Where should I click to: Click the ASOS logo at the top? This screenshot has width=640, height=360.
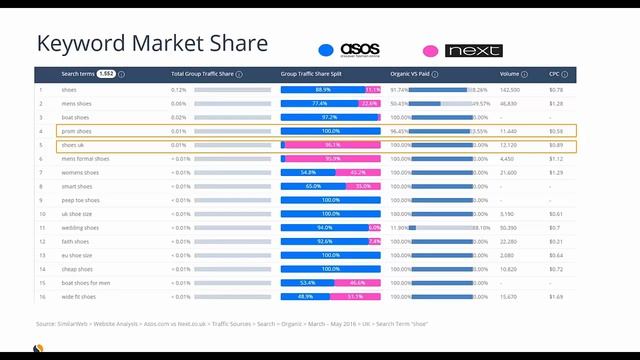pos(360,49)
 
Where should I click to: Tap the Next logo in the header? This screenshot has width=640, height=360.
pos(474,50)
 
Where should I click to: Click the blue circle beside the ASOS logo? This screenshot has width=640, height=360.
pos(326,50)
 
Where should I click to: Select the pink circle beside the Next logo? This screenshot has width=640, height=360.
pos(431,50)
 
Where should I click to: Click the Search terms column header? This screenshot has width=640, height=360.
pos(79,74)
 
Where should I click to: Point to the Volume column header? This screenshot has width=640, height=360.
pos(510,74)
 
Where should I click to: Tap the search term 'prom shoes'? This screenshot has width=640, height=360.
pos(76,131)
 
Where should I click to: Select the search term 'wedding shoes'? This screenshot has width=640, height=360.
pos(80,227)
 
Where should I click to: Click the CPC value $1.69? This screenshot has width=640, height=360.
pos(556,296)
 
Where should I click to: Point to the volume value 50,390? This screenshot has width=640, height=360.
pos(511,227)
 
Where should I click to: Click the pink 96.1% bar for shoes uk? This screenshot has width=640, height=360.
pos(333,145)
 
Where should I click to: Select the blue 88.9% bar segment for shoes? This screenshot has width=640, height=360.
pos(323,89)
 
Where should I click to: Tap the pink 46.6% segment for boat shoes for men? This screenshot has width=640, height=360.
pos(357,283)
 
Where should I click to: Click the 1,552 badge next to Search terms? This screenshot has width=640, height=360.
pos(106,74)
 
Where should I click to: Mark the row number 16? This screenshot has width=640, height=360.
pos(42,296)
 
